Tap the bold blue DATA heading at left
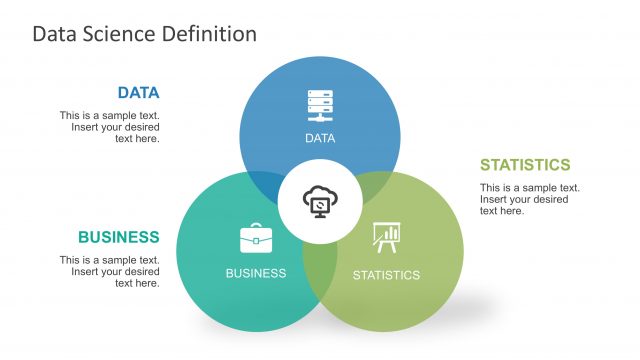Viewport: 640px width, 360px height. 138,93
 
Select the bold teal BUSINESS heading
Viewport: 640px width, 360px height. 118,237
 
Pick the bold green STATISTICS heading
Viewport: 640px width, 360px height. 525,165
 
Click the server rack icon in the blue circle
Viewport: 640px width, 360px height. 320,106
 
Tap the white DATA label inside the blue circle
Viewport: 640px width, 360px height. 320,138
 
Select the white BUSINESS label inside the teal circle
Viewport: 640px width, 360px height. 256,273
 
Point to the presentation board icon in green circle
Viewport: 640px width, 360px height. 385,238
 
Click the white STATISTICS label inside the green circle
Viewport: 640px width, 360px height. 386,274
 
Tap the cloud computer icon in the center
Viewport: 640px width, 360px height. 320,201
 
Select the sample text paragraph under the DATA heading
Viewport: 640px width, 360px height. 109,127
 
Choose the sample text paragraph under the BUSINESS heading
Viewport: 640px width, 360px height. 109,271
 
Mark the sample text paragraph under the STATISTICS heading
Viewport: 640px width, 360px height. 530,199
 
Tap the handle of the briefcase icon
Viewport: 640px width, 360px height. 256,226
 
